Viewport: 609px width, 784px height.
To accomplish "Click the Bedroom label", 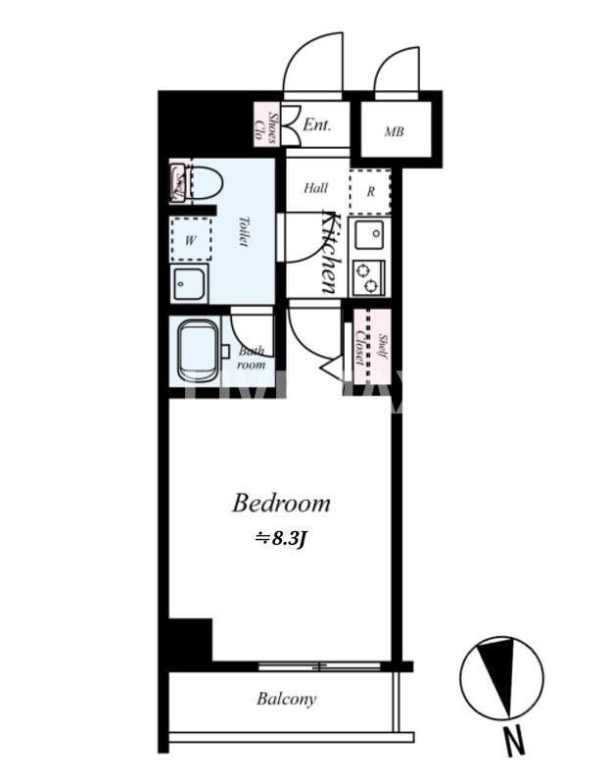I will (x=280, y=504).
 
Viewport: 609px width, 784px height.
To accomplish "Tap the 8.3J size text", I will (x=281, y=538).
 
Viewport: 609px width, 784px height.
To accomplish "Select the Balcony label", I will (x=286, y=700).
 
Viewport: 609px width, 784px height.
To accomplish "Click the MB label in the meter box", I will (x=394, y=131).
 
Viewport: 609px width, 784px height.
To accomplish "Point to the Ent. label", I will (x=316, y=125).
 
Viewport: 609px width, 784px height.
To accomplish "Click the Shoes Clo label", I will (x=267, y=125).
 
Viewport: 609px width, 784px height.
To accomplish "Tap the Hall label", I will (x=315, y=188).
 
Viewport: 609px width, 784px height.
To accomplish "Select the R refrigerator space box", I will (x=370, y=191).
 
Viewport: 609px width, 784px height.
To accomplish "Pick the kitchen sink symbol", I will (x=369, y=235).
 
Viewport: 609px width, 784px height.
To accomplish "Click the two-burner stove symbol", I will (x=369, y=277).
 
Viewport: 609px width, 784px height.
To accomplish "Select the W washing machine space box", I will (x=191, y=238).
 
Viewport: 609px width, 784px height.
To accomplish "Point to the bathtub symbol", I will (x=201, y=350).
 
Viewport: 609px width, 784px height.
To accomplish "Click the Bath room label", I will (x=253, y=358).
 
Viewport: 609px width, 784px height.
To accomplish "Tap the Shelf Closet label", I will (x=371, y=349).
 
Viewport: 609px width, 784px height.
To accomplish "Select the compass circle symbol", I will (x=501, y=677).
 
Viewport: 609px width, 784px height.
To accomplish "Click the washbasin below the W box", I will (x=190, y=285).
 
